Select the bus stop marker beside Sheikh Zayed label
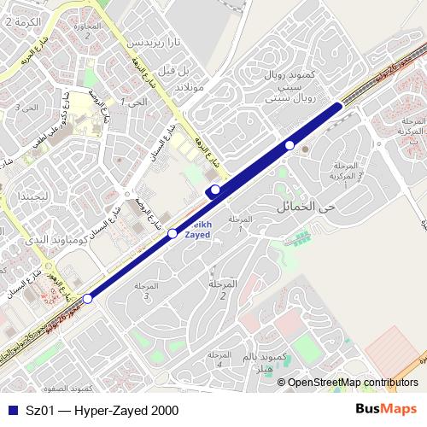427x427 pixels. [x=173, y=233]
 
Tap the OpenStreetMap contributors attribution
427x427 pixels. [x=352, y=383]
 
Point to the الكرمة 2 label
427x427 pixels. [x=22, y=20]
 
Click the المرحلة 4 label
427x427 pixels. [x=219, y=360]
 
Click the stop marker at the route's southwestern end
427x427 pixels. [x=88, y=299]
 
